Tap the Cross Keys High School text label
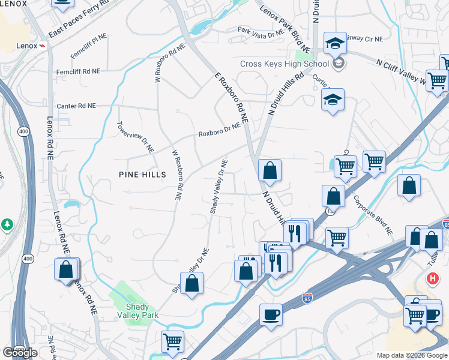pos(284,64)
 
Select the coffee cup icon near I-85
pos(271,315)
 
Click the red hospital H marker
pos(432,279)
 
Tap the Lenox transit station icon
pos(43,46)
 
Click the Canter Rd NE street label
pos(76,106)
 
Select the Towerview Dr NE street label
pos(136,136)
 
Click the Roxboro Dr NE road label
pos(219,130)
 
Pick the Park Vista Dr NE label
pos(260,32)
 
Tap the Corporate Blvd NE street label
pos(372,215)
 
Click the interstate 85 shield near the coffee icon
pos(307,298)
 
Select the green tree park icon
pos(7,225)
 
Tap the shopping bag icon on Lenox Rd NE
pos(66,270)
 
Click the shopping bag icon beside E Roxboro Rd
pos(270,170)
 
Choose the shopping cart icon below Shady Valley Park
pos(172,342)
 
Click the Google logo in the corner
pos(20,353)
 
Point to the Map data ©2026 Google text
pos(412,355)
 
